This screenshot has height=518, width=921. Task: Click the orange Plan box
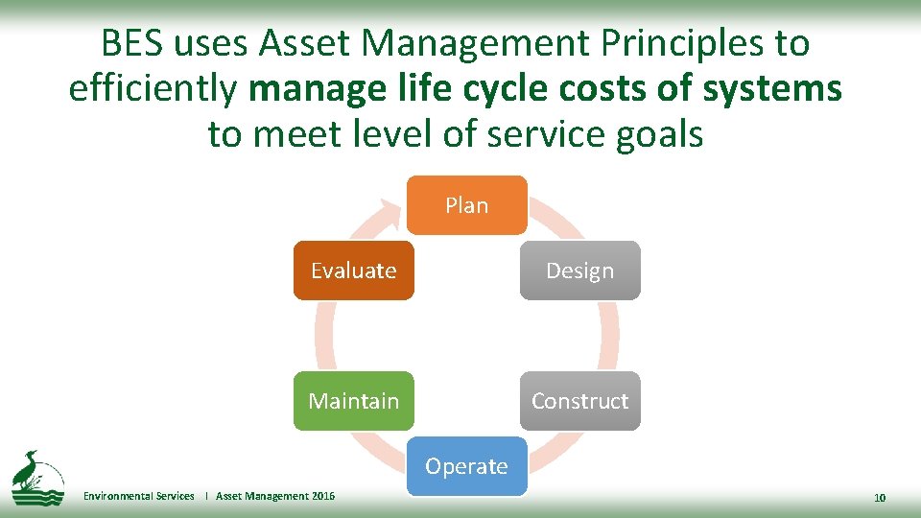tap(467, 205)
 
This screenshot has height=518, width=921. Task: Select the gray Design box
tap(579, 271)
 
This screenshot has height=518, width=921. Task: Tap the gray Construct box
tap(579, 401)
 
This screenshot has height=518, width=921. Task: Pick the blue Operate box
tap(467, 466)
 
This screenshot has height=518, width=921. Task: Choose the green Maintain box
tap(354, 401)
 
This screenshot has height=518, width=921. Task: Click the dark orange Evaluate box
tap(354, 271)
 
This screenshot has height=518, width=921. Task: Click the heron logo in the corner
tap(36, 476)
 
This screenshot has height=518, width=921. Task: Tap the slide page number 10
tap(880, 497)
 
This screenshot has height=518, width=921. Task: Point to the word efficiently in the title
tap(153, 89)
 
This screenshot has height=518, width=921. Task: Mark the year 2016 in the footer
tap(323, 496)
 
